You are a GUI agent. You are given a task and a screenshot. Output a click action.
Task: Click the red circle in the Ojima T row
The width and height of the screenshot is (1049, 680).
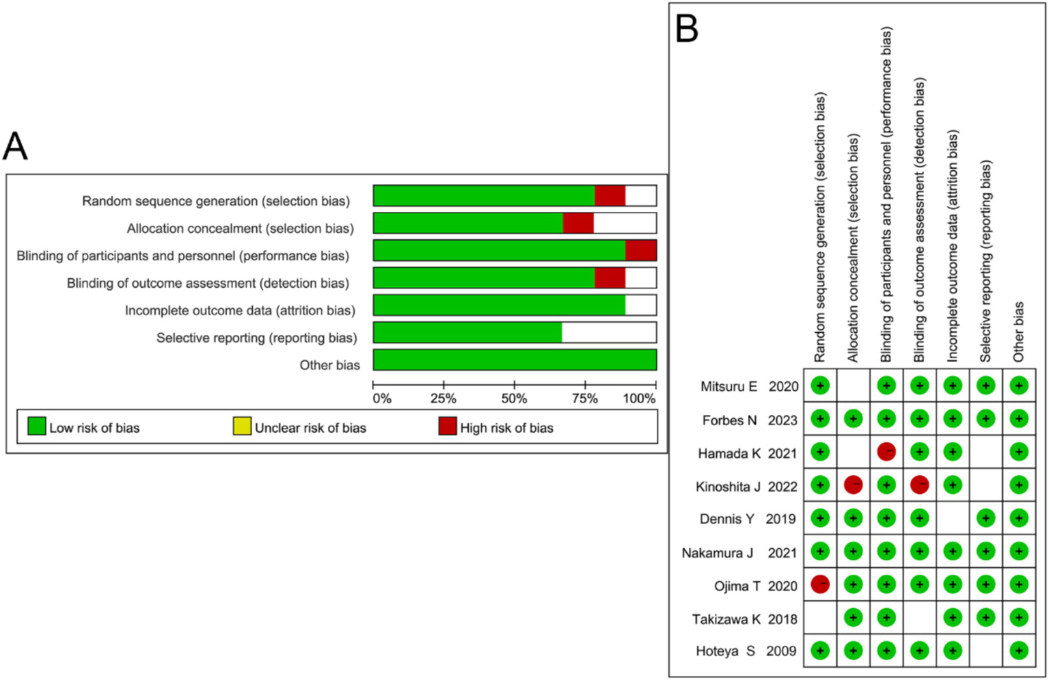(x=819, y=584)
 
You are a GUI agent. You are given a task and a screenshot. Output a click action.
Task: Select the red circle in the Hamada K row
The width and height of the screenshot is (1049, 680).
(x=886, y=452)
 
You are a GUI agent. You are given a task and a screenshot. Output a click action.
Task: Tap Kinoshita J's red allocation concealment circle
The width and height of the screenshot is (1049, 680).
(x=853, y=485)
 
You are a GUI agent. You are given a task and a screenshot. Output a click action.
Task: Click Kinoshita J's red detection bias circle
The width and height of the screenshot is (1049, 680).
(x=919, y=485)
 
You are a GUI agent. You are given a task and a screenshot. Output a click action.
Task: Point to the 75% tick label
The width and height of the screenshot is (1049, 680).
(x=584, y=398)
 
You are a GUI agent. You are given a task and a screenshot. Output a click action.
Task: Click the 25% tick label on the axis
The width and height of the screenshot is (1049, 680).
(x=444, y=398)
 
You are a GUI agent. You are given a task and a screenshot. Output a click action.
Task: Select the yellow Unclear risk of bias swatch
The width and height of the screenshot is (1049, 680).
(x=242, y=426)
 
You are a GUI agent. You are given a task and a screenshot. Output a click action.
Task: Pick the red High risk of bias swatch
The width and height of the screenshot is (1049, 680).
(x=447, y=426)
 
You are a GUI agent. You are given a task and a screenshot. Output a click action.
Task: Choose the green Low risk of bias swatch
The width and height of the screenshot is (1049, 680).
(x=36, y=426)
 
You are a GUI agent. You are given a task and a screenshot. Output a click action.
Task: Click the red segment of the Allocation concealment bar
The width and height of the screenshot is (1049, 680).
(x=578, y=223)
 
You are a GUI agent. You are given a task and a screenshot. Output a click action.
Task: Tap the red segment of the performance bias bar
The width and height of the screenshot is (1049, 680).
(x=640, y=251)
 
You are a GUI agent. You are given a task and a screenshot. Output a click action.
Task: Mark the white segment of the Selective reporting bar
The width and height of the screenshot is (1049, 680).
(x=608, y=333)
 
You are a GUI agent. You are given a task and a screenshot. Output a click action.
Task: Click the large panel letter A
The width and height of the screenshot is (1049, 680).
(x=15, y=146)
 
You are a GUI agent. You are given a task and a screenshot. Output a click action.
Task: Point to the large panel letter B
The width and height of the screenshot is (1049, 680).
(x=687, y=29)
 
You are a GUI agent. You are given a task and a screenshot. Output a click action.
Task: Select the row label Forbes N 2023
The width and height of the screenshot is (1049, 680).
(x=749, y=420)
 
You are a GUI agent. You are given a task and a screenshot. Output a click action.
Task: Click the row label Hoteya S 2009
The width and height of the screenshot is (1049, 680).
(x=746, y=651)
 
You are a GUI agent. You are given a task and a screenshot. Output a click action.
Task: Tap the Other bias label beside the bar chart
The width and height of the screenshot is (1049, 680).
(x=329, y=365)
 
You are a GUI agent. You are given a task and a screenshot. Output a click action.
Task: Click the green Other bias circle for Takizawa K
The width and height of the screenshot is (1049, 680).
(x=1018, y=618)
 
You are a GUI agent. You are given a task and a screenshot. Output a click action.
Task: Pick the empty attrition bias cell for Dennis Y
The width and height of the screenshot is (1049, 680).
(x=952, y=519)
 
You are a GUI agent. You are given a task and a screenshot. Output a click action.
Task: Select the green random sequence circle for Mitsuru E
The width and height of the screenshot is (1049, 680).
(x=819, y=386)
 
